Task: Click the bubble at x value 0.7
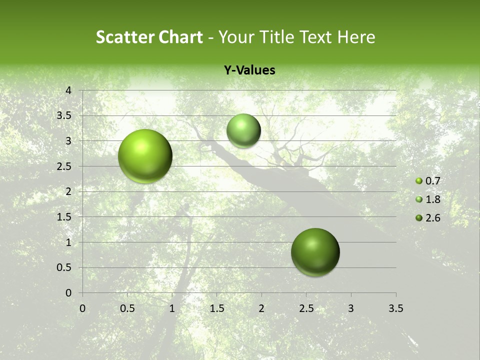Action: coord(145,156)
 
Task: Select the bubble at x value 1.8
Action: coord(243,130)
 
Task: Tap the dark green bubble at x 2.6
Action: coord(315,252)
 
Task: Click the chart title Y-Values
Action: coord(249,70)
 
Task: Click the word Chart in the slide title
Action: coord(180,37)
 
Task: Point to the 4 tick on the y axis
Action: coord(69,90)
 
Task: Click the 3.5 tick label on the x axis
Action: coord(395,308)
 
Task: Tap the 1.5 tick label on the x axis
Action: coord(216,308)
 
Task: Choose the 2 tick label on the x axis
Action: coord(261,308)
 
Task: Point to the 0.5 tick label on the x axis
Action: coord(127,308)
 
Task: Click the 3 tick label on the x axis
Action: coord(351,308)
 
